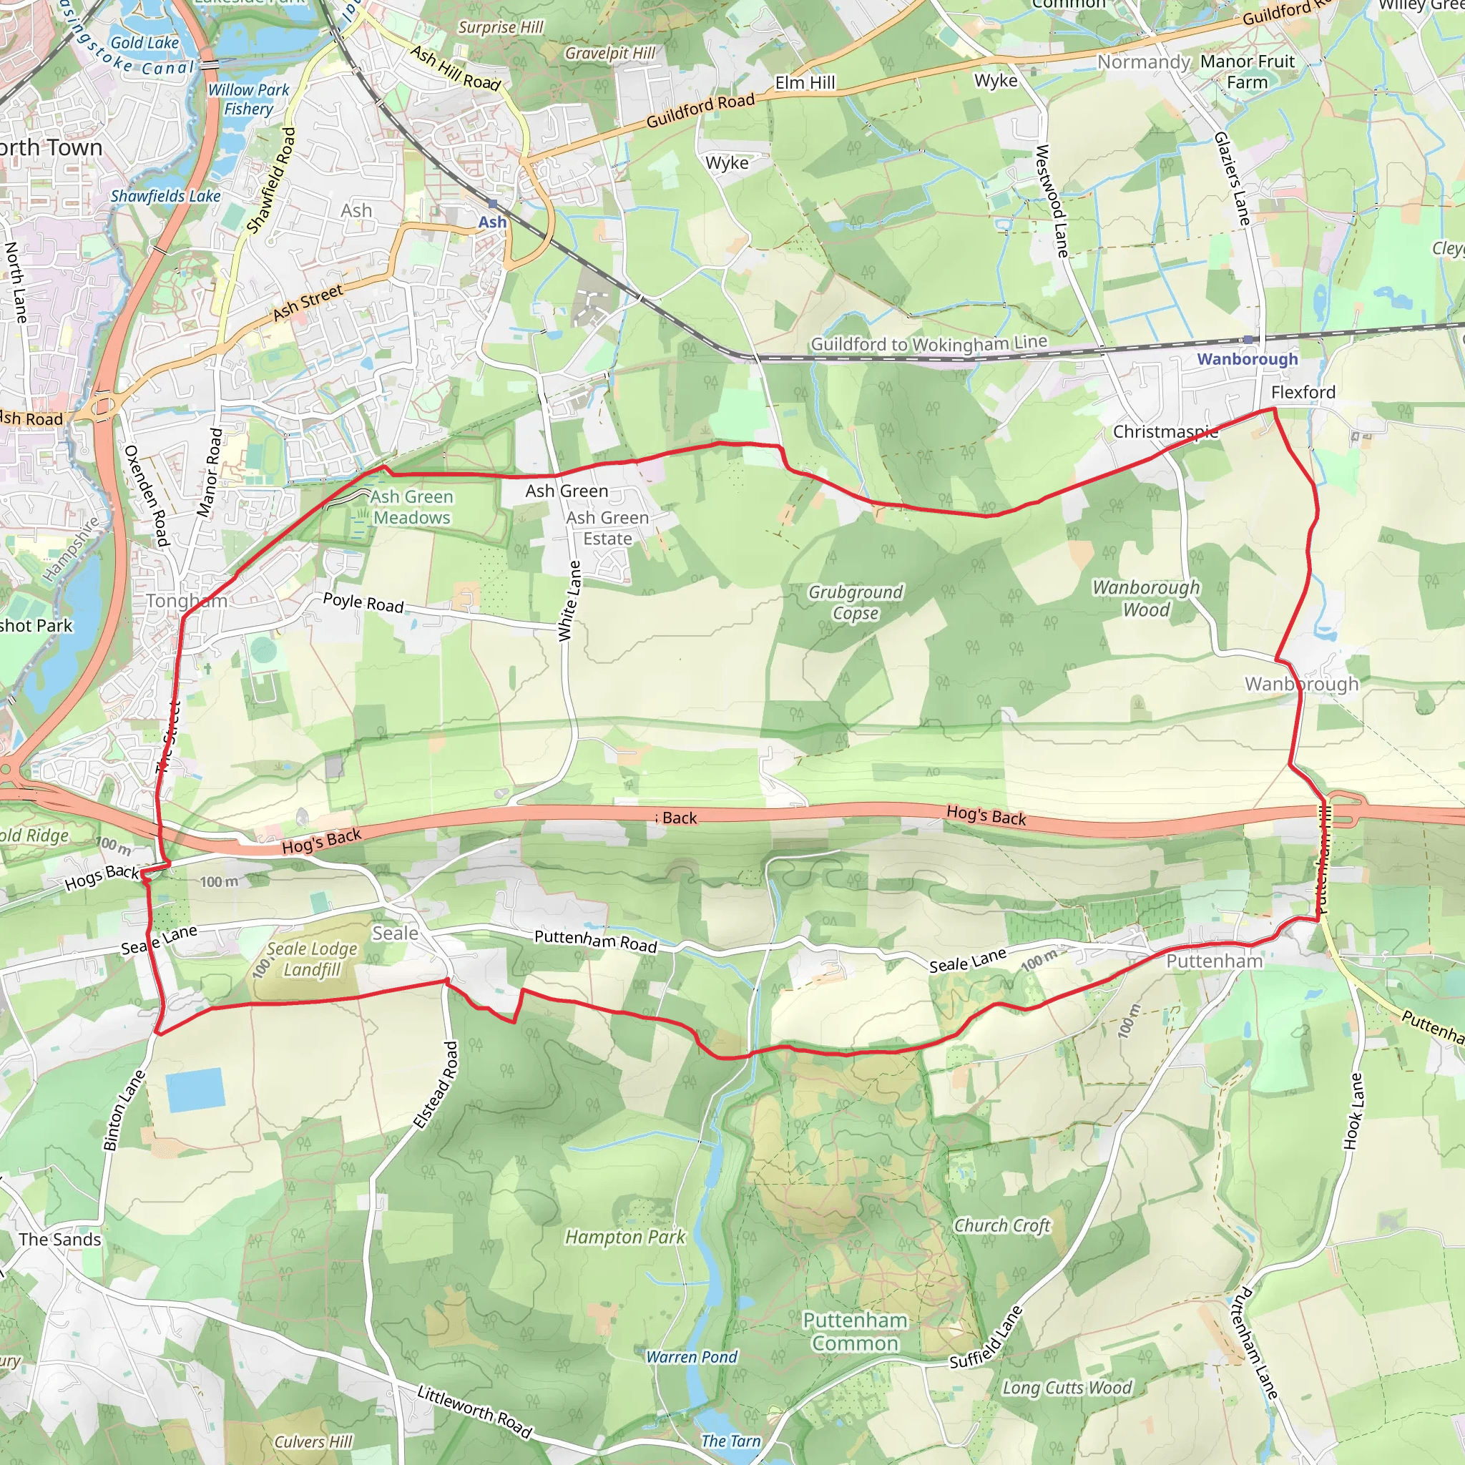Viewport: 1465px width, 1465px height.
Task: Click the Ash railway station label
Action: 492,222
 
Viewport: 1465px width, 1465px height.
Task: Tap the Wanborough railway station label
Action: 1248,358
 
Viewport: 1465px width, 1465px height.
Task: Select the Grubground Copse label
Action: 856,602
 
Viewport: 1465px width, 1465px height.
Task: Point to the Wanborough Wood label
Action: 1146,598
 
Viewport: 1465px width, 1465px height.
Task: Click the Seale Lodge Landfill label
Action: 312,959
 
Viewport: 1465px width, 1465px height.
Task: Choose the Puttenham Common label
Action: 855,1331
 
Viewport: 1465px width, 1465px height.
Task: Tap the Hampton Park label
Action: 624,1237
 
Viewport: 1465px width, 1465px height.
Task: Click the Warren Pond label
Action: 692,1356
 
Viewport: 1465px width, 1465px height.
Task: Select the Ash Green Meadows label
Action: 412,507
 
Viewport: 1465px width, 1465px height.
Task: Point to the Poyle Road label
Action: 363,603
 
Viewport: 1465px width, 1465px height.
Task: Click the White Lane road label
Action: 569,602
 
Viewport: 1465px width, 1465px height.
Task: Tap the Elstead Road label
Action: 437,1085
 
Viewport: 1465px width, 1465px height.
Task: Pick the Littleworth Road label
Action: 475,1411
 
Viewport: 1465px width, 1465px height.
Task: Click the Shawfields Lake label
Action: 165,195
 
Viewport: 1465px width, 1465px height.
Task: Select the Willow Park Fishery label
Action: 248,99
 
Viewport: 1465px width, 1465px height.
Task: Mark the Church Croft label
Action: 1001,1225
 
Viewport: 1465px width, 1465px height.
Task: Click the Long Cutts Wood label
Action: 1067,1387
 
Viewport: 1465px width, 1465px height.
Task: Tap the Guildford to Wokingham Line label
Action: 929,343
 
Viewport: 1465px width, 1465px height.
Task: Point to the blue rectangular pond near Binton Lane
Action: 195,1089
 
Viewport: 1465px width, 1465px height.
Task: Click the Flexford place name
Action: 1303,392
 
